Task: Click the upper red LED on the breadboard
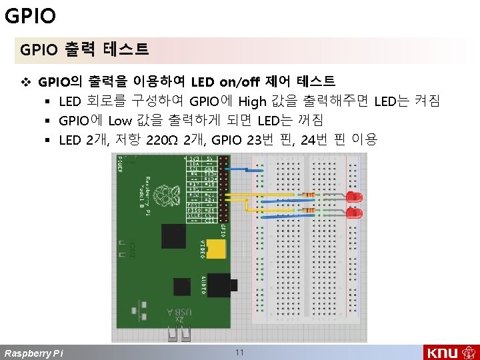(x=354, y=197)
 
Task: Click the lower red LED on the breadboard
(x=354, y=213)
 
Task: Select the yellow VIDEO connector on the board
(x=215, y=249)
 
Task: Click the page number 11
(x=240, y=351)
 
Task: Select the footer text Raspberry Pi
(x=34, y=353)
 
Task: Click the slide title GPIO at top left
(x=30, y=15)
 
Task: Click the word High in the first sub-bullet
(x=252, y=102)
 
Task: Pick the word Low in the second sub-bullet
(x=120, y=121)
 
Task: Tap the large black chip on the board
(x=174, y=236)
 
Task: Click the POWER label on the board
(x=120, y=161)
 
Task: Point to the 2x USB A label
(x=179, y=316)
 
